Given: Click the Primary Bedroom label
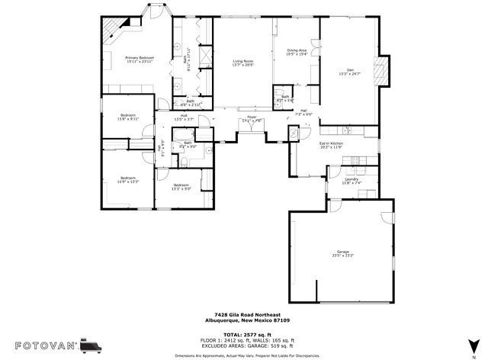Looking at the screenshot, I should tap(140, 58).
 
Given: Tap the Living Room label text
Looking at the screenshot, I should tap(242, 61).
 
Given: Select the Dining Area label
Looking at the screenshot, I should tap(297, 50).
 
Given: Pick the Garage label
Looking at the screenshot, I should tap(343, 252).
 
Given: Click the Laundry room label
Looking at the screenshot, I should tap(351, 179).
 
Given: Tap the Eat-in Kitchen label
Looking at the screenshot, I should tap(331, 143).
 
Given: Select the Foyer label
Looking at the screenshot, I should tap(252, 117).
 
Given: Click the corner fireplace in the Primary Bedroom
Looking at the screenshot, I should tap(113, 29).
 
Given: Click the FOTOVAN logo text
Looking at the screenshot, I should tap(39, 346).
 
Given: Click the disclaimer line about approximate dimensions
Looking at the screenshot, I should tap(243, 355).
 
